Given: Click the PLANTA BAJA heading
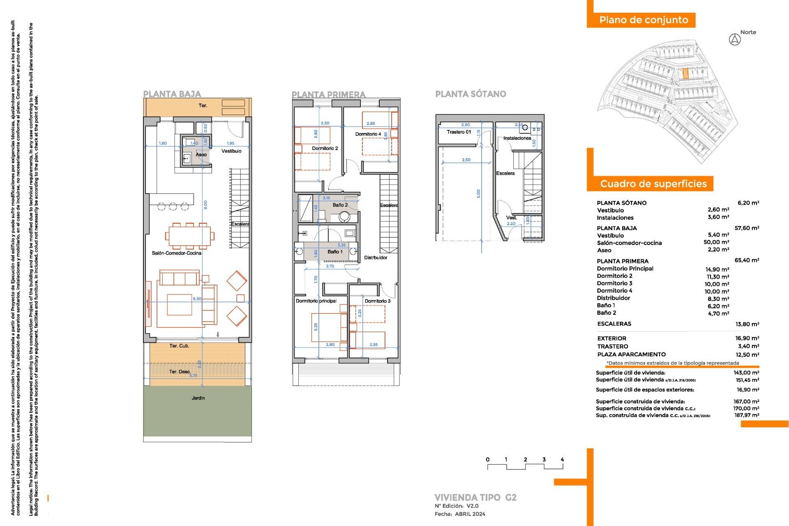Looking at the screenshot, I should pyautogui.click(x=172, y=94).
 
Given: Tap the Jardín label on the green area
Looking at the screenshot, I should pyautogui.click(x=198, y=398).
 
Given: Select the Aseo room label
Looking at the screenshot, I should pyautogui.click(x=201, y=155).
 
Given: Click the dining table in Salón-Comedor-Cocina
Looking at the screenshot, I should pyautogui.click(x=189, y=236).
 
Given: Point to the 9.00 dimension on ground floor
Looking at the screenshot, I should pyautogui.click(x=205, y=204).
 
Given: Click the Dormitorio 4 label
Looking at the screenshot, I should pyautogui.click(x=368, y=134).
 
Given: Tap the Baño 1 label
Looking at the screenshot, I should pyautogui.click(x=335, y=251).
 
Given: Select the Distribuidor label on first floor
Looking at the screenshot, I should pyautogui.click(x=376, y=258).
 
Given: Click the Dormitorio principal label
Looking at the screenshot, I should pyautogui.click(x=316, y=301).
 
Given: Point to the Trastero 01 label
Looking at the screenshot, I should pyautogui.click(x=459, y=132).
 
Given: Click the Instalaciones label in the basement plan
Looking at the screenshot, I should pyautogui.click(x=517, y=138).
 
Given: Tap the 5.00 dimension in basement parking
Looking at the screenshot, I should pyautogui.click(x=478, y=193).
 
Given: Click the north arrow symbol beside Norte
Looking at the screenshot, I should pyautogui.click(x=735, y=40).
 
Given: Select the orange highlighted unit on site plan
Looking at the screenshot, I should pyautogui.click(x=685, y=74).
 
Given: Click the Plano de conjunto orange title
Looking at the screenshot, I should pyautogui.click(x=643, y=20).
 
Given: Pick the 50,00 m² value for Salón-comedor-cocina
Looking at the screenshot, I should pyautogui.click(x=716, y=242).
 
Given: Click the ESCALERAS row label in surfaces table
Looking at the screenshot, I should pyautogui.click(x=614, y=324).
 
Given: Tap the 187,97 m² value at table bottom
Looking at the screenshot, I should pyautogui.click(x=747, y=415).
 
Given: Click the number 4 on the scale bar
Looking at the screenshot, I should pyautogui.click(x=562, y=459).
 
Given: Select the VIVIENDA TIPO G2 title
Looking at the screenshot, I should pyautogui.click(x=475, y=497).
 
